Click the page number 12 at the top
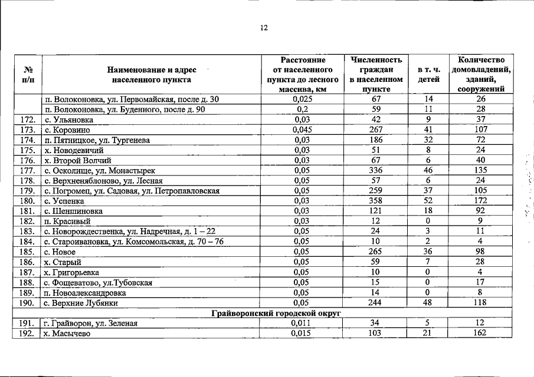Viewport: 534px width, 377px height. [x=264, y=28]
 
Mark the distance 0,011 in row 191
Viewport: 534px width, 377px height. [x=302, y=323]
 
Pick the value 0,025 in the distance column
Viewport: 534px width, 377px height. [x=302, y=100]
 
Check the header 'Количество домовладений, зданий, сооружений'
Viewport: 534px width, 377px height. [x=480, y=74]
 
